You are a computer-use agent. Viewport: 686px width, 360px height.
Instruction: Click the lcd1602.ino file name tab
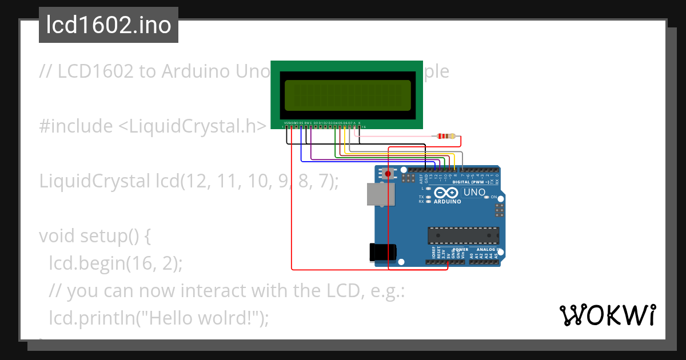(x=109, y=26)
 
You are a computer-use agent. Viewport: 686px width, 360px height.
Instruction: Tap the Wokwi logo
(x=607, y=315)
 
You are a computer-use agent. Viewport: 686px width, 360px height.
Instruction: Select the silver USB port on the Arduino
(x=378, y=194)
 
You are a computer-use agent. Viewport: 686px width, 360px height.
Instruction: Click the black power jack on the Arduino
(x=382, y=252)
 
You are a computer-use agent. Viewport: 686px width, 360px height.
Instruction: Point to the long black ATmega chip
(x=463, y=235)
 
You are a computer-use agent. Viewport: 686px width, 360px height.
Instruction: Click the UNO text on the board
(x=474, y=193)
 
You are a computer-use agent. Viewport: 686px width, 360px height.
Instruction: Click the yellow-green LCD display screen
(x=347, y=95)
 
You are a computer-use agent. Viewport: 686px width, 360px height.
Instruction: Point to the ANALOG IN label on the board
(x=489, y=250)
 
